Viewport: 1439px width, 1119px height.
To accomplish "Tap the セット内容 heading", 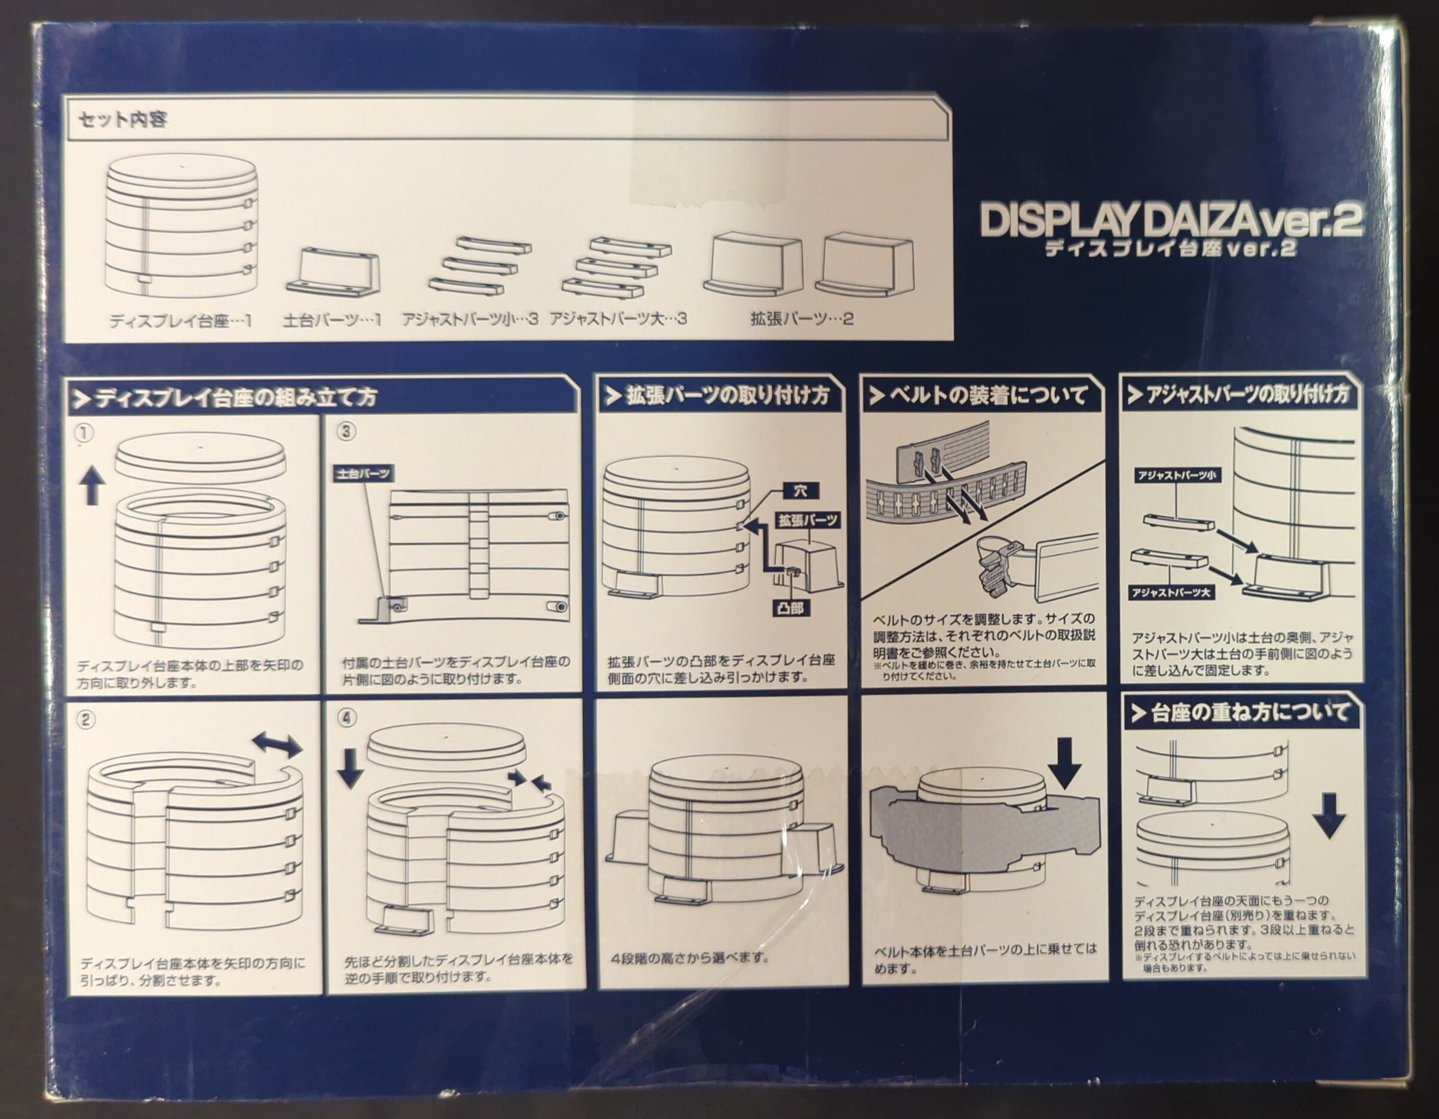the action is tap(122, 120).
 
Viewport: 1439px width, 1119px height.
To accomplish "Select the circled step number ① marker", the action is tap(85, 433).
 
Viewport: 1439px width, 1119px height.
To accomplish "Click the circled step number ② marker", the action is tap(85, 720).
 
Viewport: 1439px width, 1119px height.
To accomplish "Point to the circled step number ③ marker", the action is tap(346, 432).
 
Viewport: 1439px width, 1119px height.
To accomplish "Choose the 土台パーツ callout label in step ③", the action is tap(364, 474).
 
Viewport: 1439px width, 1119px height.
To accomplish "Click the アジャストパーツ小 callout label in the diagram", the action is tap(1176, 475).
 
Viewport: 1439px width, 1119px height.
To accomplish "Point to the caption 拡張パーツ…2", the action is tap(802, 319).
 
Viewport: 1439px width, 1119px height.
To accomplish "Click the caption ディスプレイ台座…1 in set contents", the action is tap(180, 321).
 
